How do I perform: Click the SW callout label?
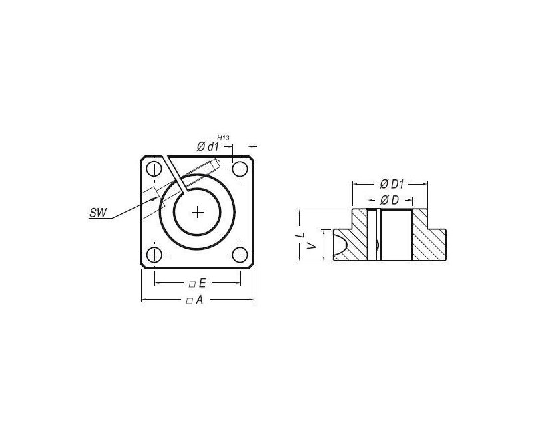click(97, 213)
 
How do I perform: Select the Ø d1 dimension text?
click(209, 146)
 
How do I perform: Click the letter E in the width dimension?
click(201, 284)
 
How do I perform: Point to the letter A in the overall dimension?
click(199, 300)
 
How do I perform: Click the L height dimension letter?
click(301, 235)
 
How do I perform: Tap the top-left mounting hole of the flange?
click(154, 167)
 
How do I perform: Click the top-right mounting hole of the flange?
click(240, 167)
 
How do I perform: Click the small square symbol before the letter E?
click(192, 284)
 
